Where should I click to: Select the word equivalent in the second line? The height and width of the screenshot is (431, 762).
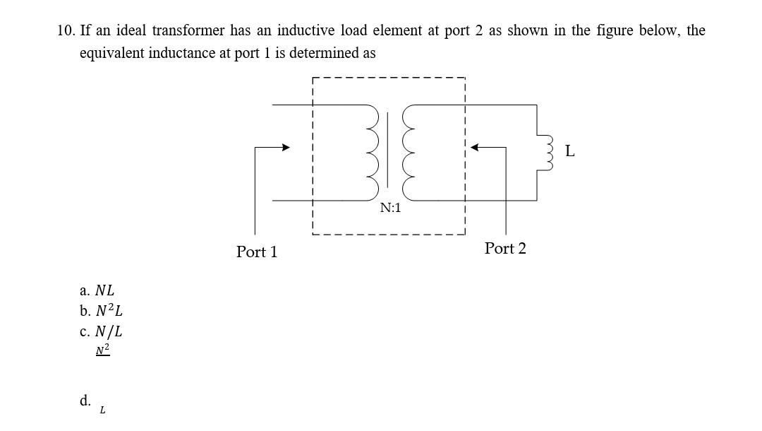112,53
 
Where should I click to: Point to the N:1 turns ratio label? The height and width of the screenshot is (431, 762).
390,208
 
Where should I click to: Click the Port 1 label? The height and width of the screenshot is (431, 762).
257,252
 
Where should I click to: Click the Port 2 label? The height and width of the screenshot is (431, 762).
505,249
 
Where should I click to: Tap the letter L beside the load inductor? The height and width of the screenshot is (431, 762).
570,151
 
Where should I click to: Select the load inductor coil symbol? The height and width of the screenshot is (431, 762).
545,152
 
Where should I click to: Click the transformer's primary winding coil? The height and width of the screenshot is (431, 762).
370,151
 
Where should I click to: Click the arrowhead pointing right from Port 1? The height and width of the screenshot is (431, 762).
286,148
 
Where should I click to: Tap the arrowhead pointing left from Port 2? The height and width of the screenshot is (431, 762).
476,148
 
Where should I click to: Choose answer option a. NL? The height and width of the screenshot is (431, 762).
97,290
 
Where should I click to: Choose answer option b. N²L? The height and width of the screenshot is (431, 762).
102,311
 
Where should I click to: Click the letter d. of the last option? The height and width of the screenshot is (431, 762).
85,401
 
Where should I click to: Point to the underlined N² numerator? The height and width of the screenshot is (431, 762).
103,350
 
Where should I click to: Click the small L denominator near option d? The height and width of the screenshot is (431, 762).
102,410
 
